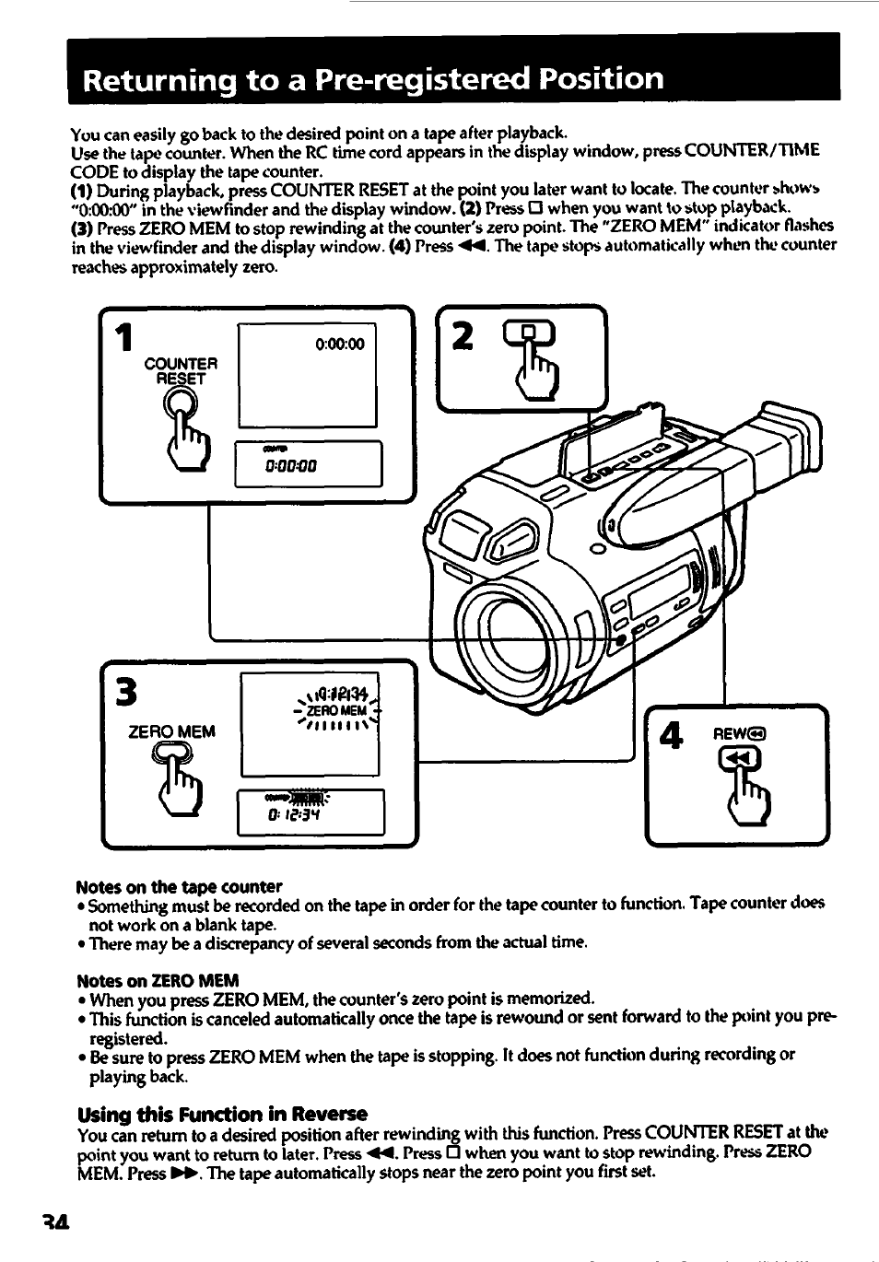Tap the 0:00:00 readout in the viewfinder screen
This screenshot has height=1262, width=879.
[339, 345]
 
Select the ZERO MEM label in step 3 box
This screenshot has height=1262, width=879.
[171, 731]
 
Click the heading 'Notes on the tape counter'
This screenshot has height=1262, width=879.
[179, 886]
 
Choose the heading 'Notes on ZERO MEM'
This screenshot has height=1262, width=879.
[158, 979]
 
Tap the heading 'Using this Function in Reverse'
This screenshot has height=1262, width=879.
[222, 1113]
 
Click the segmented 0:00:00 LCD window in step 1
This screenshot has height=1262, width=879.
[308, 464]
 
